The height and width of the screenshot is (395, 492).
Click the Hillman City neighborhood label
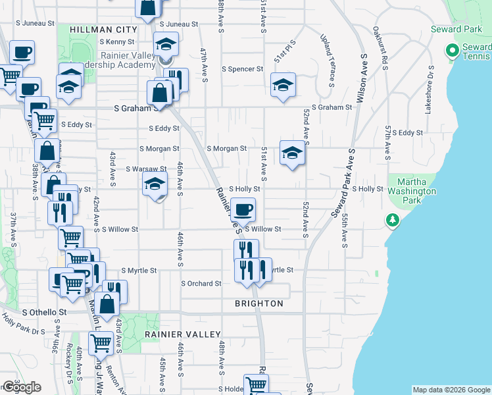pos(103,30)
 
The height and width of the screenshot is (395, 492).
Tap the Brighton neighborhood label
pos(259,303)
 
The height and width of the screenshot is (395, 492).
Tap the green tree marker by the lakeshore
pos(393,219)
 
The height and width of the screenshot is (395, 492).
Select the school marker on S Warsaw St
pos(155,184)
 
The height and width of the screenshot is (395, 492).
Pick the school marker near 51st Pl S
pos(283,85)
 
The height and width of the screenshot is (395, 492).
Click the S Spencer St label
pos(242,68)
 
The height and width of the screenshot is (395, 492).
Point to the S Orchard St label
pos(201,284)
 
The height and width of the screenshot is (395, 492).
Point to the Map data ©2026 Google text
pos(451,390)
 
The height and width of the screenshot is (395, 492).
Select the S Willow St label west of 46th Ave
pos(120,229)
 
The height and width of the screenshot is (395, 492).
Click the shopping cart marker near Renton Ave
pos(100,342)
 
